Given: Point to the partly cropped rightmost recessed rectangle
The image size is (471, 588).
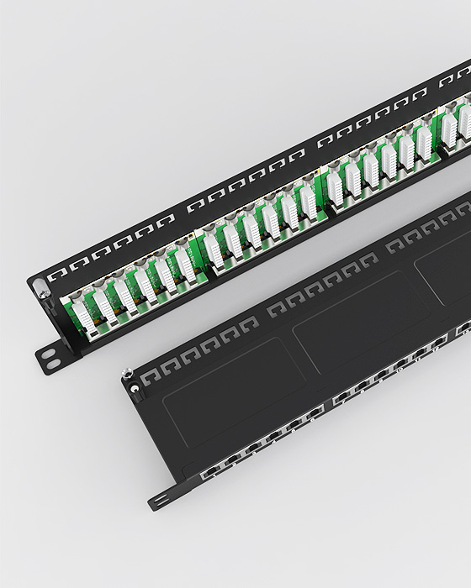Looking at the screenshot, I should (x=446, y=269).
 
